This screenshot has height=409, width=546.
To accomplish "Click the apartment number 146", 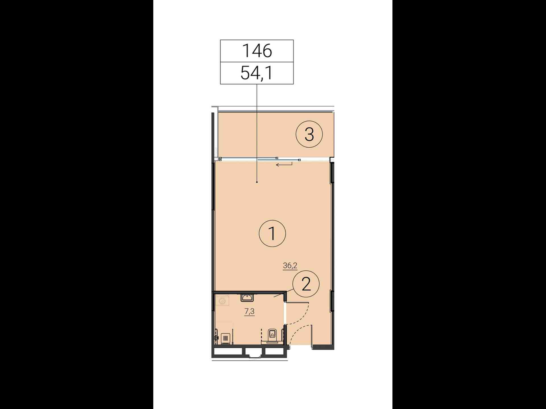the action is (x=257, y=51).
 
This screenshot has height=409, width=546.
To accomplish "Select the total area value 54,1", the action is (x=257, y=73).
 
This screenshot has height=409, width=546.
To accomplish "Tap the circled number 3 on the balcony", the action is (x=309, y=134).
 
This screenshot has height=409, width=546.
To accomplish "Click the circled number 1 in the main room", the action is (x=272, y=233).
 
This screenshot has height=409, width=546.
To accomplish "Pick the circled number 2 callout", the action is (x=306, y=284).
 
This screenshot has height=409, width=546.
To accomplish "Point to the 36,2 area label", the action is (x=290, y=266).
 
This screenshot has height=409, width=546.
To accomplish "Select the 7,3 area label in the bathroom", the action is (x=249, y=312).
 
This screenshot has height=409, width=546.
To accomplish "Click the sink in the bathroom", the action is (x=247, y=297).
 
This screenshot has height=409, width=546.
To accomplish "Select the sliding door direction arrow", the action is (x=284, y=164).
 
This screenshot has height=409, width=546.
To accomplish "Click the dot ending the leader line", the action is (x=257, y=182).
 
